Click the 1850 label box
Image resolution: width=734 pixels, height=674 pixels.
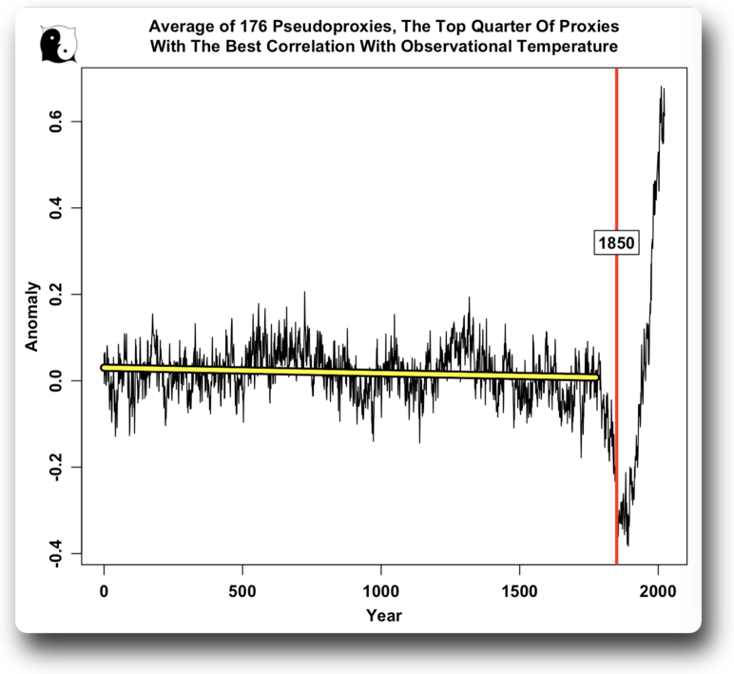(x=616, y=243)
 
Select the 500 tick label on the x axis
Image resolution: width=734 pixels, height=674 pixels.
(x=242, y=591)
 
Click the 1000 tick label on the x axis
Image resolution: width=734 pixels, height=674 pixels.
(x=380, y=591)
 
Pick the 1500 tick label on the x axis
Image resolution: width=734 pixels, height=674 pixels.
(x=519, y=591)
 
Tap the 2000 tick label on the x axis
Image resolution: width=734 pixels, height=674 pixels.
(x=658, y=591)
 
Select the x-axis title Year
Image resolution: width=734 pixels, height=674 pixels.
(x=384, y=616)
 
